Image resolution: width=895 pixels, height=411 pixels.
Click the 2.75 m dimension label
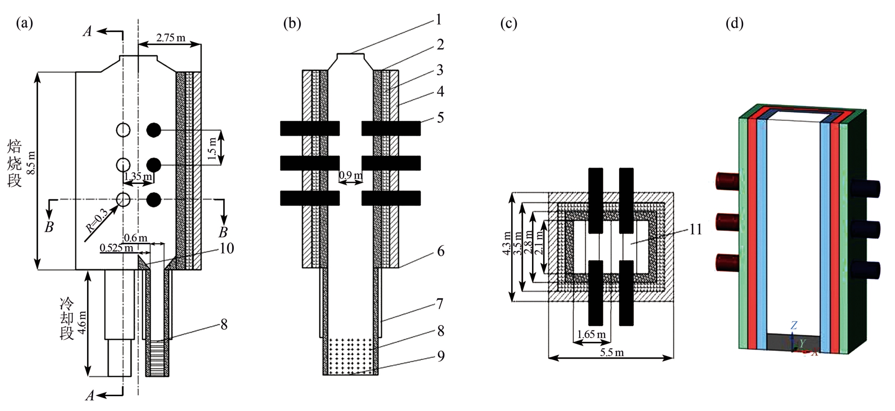(x=170, y=38)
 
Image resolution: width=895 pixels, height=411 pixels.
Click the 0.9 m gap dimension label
(x=350, y=176)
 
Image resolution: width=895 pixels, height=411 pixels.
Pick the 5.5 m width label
(x=612, y=353)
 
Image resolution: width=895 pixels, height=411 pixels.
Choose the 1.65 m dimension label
(x=591, y=334)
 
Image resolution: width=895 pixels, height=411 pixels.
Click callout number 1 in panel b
(x=438, y=19)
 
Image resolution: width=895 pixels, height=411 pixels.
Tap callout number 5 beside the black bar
(x=440, y=117)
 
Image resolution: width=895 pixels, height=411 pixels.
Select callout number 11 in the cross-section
(x=696, y=229)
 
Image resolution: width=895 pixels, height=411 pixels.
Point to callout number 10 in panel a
(x=226, y=248)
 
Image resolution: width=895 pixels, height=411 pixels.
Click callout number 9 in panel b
(x=440, y=356)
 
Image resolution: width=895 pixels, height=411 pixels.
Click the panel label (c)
(x=508, y=23)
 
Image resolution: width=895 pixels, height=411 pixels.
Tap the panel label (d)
(x=734, y=23)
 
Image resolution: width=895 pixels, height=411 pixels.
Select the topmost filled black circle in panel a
(x=154, y=131)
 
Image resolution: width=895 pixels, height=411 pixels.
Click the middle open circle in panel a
(x=123, y=164)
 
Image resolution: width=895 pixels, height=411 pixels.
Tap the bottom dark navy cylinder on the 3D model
(x=865, y=270)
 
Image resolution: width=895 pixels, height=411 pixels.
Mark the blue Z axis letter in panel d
(x=794, y=325)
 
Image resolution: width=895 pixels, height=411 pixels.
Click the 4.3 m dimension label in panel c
(x=507, y=244)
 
